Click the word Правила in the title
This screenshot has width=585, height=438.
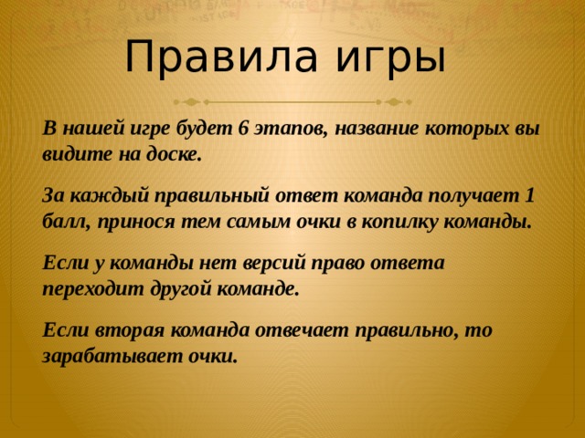(221, 56)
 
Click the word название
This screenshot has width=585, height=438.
(377, 130)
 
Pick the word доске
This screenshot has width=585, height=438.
(174, 154)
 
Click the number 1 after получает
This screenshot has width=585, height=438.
(529, 195)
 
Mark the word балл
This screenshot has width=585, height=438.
(68, 222)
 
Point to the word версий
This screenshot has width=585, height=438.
(275, 263)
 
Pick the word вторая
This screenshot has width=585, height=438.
(130, 330)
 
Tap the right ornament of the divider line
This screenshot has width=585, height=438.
(395, 101)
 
